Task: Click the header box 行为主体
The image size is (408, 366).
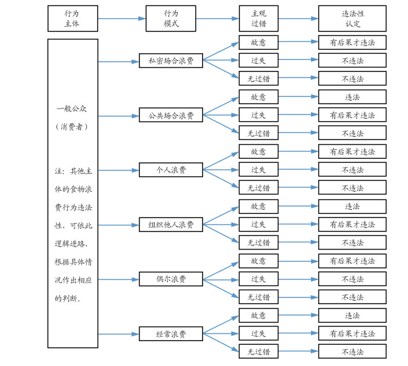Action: (73, 18)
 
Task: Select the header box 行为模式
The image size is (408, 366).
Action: (171, 18)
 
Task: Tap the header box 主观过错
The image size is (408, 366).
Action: (258, 18)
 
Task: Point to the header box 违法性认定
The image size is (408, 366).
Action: (352, 18)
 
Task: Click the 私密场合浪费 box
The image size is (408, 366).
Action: (171, 61)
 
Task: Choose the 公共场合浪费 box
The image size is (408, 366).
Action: (171, 115)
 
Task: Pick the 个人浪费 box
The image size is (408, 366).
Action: (171, 170)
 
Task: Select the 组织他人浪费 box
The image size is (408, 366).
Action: (171, 224)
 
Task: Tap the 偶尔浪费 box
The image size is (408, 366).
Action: (171, 279)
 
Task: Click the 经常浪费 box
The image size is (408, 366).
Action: (171, 334)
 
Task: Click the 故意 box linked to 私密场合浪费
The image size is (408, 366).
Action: (258, 42)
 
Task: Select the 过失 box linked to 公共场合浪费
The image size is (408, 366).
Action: (258, 115)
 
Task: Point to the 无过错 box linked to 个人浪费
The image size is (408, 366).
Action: (258, 188)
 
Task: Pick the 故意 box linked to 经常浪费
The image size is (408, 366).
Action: (258, 316)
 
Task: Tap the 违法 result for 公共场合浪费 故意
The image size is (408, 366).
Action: (352, 97)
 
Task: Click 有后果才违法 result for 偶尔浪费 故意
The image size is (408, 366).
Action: (352, 261)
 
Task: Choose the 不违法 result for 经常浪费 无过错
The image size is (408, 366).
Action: (352, 352)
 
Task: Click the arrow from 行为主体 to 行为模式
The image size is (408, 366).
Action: (121, 18)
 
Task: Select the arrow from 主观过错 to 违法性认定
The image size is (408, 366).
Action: (298, 18)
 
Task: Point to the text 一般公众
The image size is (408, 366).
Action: (73, 108)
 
